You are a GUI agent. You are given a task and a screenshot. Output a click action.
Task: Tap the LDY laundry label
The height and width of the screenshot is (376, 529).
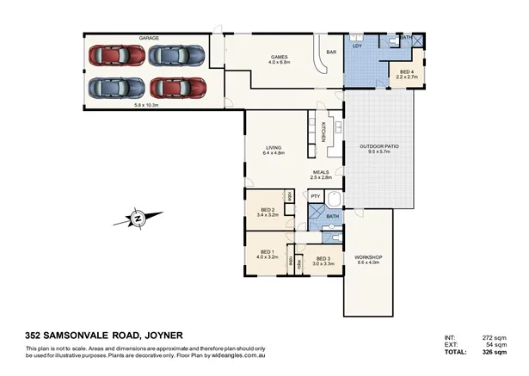tap(356, 46)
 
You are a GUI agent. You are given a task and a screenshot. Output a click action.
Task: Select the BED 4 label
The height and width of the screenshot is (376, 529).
tap(407, 72)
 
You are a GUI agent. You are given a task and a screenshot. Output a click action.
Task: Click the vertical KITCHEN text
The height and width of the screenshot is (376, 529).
tap(323, 133)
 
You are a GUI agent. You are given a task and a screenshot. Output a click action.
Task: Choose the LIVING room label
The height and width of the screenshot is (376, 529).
tap(274, 150)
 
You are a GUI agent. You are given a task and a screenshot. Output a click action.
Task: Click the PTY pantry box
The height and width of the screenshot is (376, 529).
tap(316, 196)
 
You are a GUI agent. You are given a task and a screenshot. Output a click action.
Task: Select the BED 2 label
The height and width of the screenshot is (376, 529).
tap(267, 210)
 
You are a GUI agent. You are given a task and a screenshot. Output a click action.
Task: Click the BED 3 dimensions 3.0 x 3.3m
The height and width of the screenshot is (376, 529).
tap(323, 263)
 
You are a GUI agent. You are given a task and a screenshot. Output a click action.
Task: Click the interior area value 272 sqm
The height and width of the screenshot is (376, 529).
tap(493, 337)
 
